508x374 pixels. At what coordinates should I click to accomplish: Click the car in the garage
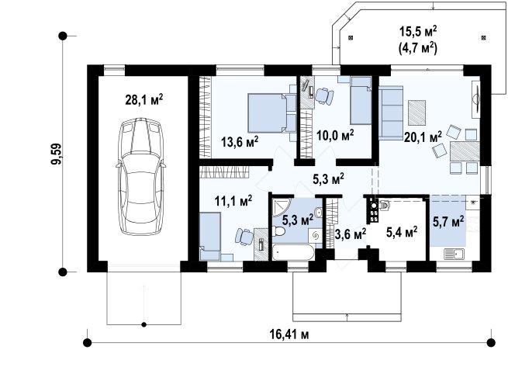point(141,176)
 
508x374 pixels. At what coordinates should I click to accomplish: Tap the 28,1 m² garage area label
point(143,99)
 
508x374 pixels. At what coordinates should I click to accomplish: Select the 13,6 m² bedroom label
point(240,142)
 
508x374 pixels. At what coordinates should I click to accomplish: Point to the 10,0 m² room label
point(335,135)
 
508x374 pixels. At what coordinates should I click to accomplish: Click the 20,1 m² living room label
point(423,137)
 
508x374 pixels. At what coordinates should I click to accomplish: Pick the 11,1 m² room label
point(233,201)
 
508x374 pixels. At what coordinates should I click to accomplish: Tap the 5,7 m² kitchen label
point(448,222)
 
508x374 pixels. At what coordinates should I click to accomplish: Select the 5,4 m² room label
point(402,232)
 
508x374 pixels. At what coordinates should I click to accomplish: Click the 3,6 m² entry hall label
point(351,234)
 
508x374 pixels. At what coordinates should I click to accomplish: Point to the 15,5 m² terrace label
point(418,32)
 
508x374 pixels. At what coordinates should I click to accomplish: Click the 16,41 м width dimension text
point(289,334)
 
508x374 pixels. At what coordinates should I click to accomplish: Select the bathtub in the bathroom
point(293,253)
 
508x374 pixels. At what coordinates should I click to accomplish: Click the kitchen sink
point(454,254)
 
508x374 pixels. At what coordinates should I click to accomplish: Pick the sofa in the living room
point(391,113)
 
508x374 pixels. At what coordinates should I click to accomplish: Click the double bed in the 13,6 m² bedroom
point(271,113)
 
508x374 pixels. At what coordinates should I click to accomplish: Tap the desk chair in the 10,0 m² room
point(324,96)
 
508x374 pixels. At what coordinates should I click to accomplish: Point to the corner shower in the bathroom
point(282,207)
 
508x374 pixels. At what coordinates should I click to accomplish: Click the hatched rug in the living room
point(416,113)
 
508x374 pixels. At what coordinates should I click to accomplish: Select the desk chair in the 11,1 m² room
point(244,236)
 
